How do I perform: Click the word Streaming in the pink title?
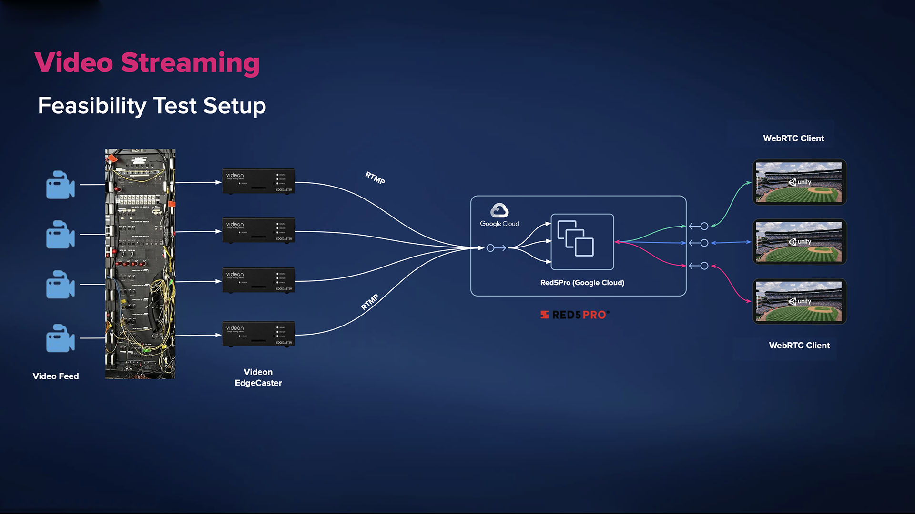[x=190, y=63]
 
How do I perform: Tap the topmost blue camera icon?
[x=61, y=185]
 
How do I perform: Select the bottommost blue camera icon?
[x=61, y=338]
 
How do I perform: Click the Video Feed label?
[x=56, y=376]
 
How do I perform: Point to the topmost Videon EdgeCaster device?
[x=258, y=181]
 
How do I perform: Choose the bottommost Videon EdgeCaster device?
[x=258, y=334]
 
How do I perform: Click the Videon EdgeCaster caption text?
[x=258, y=377]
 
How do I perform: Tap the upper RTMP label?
[x=375, y=178]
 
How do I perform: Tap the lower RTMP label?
[x=370, y=302]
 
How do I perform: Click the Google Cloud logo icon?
[x=499, y=210]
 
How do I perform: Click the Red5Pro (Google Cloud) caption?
[x=582, y=283]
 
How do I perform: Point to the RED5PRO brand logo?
[x=575, y=315]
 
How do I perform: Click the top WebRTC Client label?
[x=793, y=138]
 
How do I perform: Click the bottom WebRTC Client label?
[x=799, y=346]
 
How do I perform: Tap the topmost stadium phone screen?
[x=799, y=182]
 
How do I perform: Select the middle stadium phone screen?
[x=799, y=242]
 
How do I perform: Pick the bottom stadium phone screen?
[x=799, y=301]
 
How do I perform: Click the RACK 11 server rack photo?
[x=140, y=264]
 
